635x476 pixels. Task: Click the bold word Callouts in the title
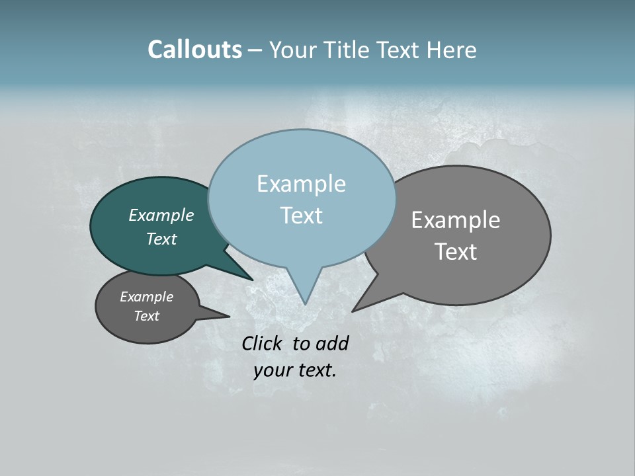(194, 50)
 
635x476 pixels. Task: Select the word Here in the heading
(453, 50)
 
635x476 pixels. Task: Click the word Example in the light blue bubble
(301, 184)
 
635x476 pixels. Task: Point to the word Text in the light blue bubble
(301, 215)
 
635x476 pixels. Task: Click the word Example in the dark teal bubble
(161, 215)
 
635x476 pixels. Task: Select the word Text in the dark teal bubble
(161, 239)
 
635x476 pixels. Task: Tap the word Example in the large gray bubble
(455, 220)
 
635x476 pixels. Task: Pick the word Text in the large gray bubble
(455, 251)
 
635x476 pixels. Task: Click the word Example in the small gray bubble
(146, 297)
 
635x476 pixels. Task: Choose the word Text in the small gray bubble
(146, 316)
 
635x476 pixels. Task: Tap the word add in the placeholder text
(332, 343)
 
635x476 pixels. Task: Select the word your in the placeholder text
(271, 370)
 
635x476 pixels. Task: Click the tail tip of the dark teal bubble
(253, 279)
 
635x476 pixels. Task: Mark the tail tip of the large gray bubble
(353, 310)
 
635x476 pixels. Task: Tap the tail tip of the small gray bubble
(229, 316)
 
